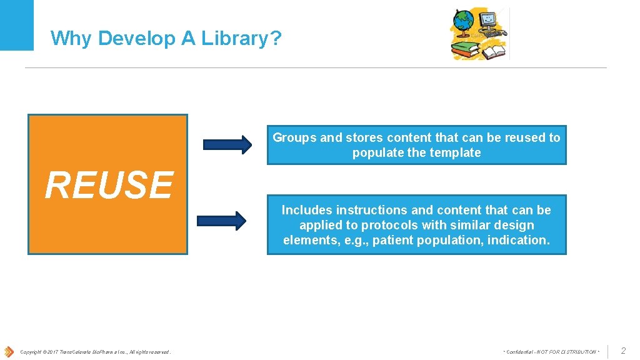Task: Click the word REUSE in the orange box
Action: click(108, 185)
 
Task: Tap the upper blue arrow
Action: click(227, 145)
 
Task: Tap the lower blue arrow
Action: click(222, 221)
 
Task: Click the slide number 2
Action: click(622, 351)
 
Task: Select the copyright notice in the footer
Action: click(95, 352)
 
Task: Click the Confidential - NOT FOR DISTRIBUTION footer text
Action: click(551, 352)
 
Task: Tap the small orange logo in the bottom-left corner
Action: click(9, 352)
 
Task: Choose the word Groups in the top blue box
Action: click(294, 137)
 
